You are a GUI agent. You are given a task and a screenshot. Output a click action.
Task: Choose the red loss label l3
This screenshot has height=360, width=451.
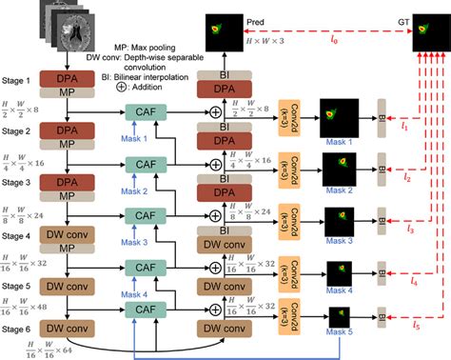point(410,228)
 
